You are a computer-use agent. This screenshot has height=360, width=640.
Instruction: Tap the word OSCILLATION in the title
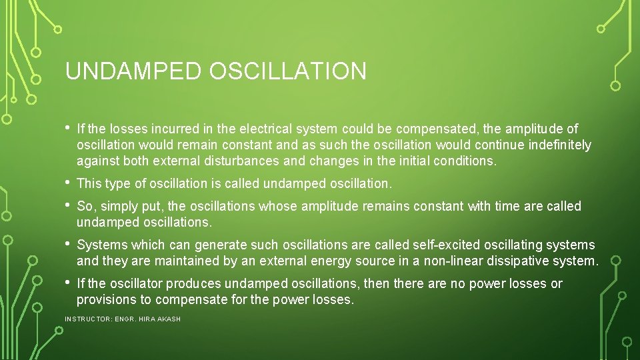(x=287, y=71)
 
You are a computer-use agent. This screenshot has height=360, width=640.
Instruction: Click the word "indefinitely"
(x=558, y=145)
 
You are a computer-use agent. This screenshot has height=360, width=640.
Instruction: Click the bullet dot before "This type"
(x=67, y=181)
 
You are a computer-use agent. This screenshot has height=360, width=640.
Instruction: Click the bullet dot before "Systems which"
(x=67, y=243)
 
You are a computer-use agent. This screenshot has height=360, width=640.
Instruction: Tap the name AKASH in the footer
(x=169, y=319)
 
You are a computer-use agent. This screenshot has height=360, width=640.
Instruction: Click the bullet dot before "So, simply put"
(x=67, y=205)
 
